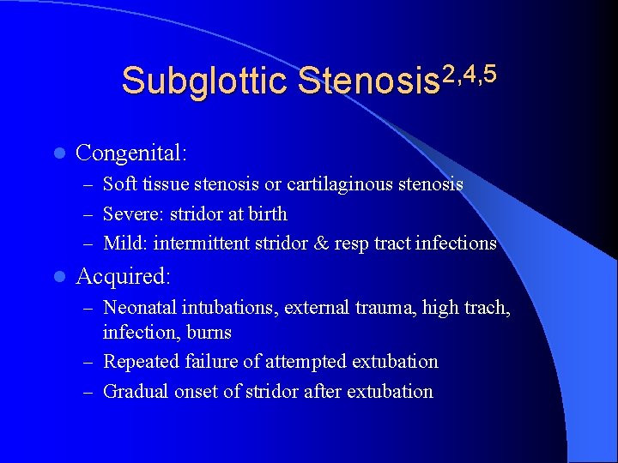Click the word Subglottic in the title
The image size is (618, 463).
(x=204, y=81)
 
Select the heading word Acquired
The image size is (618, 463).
(x=124, y=276)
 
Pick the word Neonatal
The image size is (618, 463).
(x=137, y=306)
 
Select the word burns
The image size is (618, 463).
(x=211, y=332)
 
